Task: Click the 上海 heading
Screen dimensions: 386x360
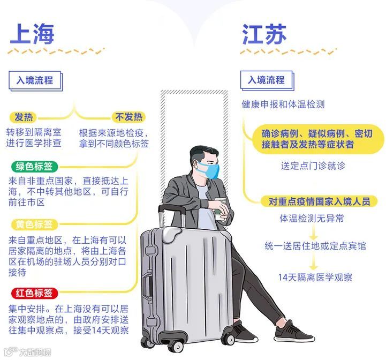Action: point(32,34)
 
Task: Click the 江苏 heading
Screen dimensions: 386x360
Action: point(264,34)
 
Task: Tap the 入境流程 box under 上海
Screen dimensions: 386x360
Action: point(35,81)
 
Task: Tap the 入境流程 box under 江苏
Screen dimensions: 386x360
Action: point(266,80)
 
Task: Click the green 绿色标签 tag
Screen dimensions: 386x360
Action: point(34,167)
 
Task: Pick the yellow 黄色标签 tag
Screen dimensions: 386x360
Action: point(34,224)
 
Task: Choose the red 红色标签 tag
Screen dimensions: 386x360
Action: point(34,293)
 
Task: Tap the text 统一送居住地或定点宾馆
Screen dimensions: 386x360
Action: point(315,246)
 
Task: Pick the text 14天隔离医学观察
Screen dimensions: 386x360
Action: point(315,277)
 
